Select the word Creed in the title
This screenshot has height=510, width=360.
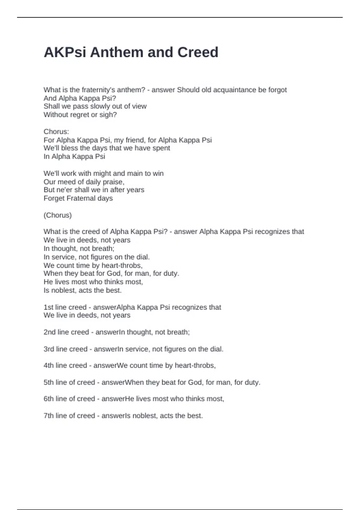coord(198,52)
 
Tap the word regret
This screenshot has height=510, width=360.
coord(79,115)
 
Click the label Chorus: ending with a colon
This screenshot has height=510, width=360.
coord(56,132)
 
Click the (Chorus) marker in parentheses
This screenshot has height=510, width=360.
coord(58,215)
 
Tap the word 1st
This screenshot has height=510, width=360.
coord(48,307)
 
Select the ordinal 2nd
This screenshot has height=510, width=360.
coord(49,332)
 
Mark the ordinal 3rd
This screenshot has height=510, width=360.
coord(49,349)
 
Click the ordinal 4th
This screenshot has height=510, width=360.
coord(49,366)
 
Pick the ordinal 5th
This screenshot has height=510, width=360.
coord(49,382)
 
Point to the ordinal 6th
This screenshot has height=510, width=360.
coord(49,399)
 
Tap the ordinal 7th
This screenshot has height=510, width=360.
coord(49,416)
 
